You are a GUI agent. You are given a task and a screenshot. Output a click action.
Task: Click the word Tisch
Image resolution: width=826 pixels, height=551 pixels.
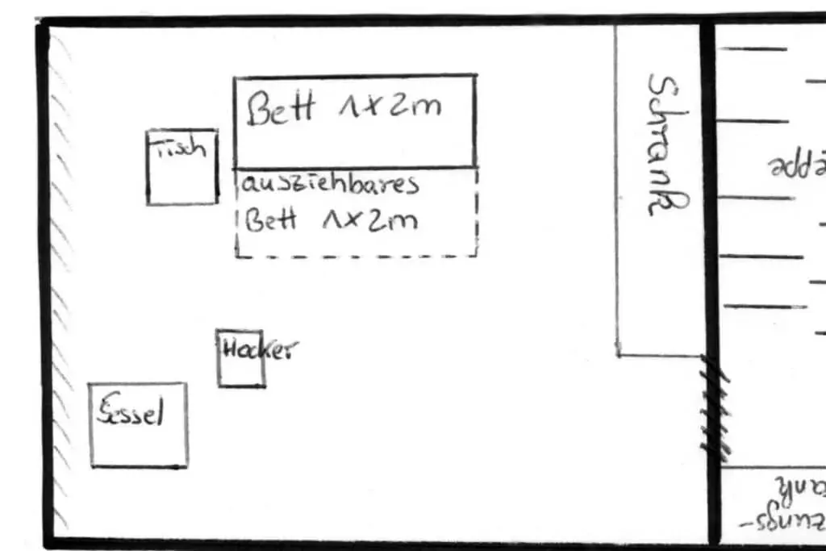tap(181, 148)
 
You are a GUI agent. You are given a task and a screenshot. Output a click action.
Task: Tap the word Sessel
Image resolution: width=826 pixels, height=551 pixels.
tap(131, 414)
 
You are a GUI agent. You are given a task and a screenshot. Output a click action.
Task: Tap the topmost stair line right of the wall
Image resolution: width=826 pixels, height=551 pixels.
tap(752, 49)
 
